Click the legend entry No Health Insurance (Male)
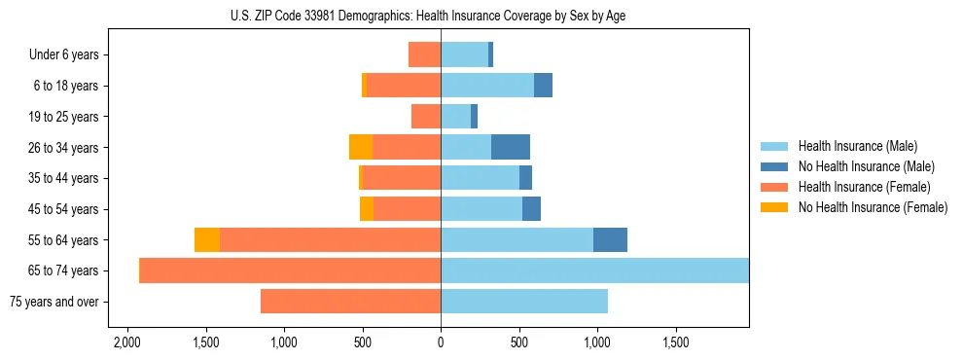coord(866,166)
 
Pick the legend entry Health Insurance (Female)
coord(864,187)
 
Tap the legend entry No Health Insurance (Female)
coord(873,207)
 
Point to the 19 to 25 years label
coord(63,117)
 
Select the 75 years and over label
coord(53,302)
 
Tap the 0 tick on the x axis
coord(441,343)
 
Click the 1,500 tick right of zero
coord(675,343)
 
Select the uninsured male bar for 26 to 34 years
coord(511,147)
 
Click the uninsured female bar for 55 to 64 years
coord(207,240)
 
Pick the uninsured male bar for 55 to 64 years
coord(610,240)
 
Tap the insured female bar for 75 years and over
coord(350,302)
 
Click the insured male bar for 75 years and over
coord(524,302)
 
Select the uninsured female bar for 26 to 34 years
coord(361,147)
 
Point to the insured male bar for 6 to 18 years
coord(487,86)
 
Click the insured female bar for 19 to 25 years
coord(426,117)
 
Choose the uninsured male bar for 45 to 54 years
coord(531,209)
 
